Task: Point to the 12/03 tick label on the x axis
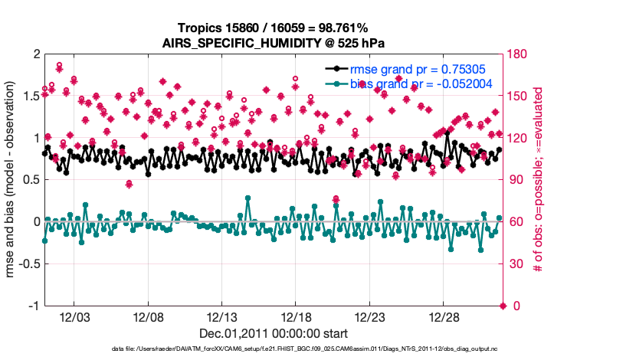pos(79,317)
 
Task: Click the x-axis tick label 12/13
pos(225,317)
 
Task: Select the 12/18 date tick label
pos(299,317)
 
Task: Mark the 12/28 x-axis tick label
pos(445,317)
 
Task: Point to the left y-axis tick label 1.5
pos(31,97)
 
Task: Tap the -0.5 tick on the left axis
pos(28,264)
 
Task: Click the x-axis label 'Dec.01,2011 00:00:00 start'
pos(274,334)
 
